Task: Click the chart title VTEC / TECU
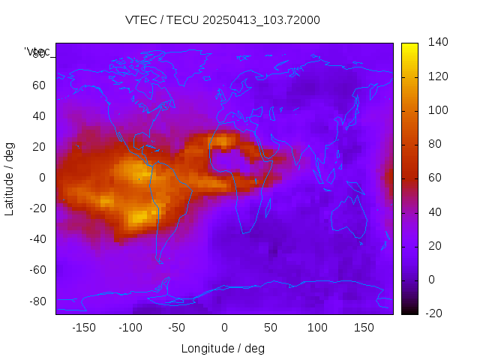click(x=222, y=20)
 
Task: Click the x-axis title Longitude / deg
click(x=223, y=348)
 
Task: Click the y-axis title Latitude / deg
click(x=10, y=178)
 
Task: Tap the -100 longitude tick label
click(x=130, y=327)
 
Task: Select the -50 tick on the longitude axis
click(x=177, y=327)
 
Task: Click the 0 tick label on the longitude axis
click(x=224, y=327)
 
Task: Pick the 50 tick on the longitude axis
click(x=271, y=327)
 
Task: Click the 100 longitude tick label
click(x=317, y=327)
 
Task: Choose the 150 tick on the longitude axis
click(x=364, y=327)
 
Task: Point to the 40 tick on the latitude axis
click(x=39, y=115)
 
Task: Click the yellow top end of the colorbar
click(x=409, y=47)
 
